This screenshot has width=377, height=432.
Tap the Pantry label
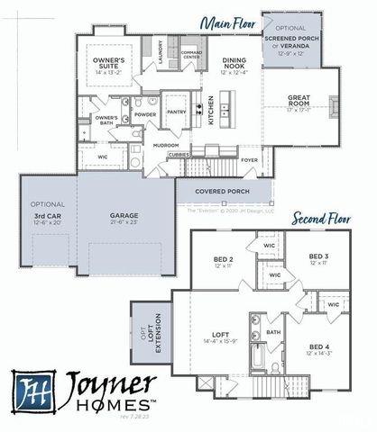pyautogui.click(x=178, y=112)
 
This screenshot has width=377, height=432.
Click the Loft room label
pyautogui.click(x=214, y=338)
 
